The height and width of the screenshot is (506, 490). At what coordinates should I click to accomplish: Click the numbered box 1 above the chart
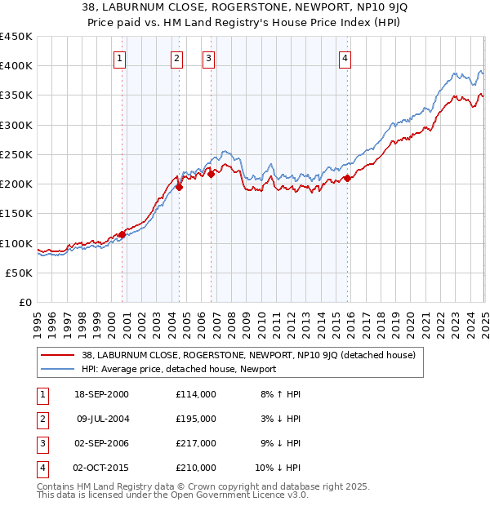(x=120, y=58)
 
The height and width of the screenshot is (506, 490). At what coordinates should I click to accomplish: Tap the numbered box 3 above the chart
(x=208, y=58)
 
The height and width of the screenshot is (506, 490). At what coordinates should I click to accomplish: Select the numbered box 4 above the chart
(x=345, y=58)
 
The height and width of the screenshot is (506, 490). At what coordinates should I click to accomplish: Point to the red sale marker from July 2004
(x=179, y=187)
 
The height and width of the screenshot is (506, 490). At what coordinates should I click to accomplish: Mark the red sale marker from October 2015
(x=347, y=178)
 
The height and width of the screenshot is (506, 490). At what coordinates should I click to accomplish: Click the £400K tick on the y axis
(x=16, y=66)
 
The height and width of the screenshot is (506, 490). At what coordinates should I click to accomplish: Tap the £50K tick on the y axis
(x=20, y=273)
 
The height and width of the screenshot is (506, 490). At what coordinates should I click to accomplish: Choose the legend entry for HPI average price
(x=179, y=370)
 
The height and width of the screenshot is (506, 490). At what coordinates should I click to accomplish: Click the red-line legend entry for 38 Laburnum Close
(x=249, y=355)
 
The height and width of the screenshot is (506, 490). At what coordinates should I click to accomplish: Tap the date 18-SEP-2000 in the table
(x=101, y=394)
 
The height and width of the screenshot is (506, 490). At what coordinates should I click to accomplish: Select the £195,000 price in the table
(x=196, y=419)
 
